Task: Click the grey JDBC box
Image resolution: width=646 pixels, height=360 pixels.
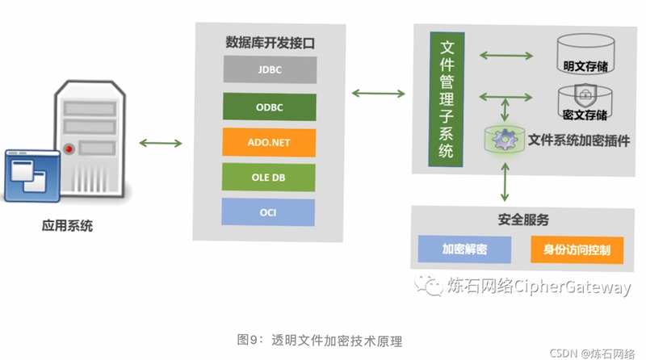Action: click(x=271, y=69)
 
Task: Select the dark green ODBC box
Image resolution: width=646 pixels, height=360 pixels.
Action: click(x=270, y=107)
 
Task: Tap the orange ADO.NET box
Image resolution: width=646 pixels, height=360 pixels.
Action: click(x=269, y=143)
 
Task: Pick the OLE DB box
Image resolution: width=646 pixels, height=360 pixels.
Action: click(x=269, y=177)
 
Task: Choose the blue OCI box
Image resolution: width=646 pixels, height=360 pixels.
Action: click(x=268, y=212)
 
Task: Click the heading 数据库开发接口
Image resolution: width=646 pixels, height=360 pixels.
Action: click(x=270, y=43)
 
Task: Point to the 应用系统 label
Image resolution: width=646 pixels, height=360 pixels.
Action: click(x=67, y=226)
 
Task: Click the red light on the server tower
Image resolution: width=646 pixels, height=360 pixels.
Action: click(x=69, y=149)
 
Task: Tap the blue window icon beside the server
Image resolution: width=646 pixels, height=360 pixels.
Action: click(x=32, y=176)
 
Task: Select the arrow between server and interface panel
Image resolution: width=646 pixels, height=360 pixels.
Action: click(x=161, y=143)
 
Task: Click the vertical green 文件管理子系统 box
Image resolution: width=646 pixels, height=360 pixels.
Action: click(x=447, y=99)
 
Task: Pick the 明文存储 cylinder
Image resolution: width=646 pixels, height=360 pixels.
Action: click(x=586, y=54)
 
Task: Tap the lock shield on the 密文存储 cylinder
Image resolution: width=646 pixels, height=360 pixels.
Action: click(x=585, y=95)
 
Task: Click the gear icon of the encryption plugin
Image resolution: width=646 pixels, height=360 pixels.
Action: click(x=505, y=139)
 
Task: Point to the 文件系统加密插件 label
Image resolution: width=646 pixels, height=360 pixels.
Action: click(x=579, y=140)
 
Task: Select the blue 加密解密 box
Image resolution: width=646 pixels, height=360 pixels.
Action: click(x=465, y=249)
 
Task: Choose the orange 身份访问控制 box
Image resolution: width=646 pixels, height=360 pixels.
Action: click(x=577, y=249)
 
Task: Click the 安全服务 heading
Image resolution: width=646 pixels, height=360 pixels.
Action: click(x=523, y=220)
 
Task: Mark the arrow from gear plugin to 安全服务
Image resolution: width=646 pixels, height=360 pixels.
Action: click(x=505, y=182)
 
